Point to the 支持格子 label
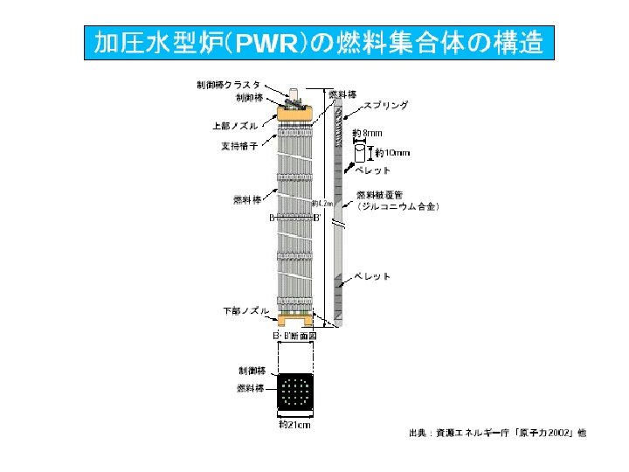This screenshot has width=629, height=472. [x=238, y=146]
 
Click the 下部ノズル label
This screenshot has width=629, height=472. [x=246, y=310]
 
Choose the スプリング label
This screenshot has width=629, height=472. [x=385, y=105]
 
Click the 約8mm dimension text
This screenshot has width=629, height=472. [x=367, y=133]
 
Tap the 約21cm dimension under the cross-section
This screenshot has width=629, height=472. [x=294, y=426]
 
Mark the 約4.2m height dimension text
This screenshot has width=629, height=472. [x=321, y=205]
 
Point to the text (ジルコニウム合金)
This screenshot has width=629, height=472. [x=397, y=207]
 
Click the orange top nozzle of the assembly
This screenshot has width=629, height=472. [x=298, y=112]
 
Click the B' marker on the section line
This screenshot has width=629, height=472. [x=319, y=218]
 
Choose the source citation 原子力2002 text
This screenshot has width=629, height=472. [x=544, y=433]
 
